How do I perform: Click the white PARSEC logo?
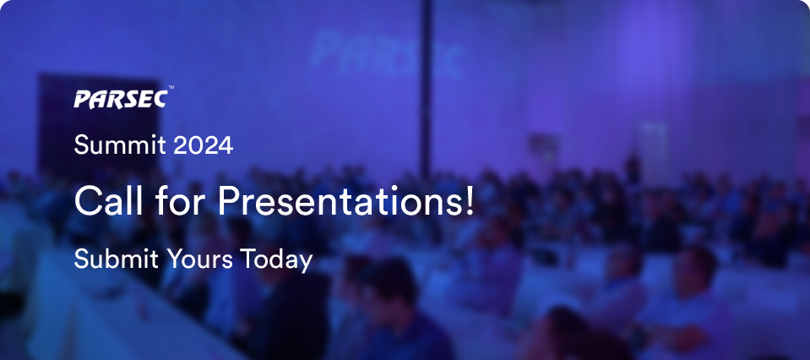click(121, 99)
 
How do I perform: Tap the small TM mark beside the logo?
click(171, 88)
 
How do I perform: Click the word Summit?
click(121, 145)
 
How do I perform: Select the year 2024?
click(203, 145)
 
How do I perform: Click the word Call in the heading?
click(108, 201)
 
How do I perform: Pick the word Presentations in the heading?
click(339, 201)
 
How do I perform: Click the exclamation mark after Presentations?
click(469, 201)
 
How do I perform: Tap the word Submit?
click(117, 259)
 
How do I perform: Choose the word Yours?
click(199, 259)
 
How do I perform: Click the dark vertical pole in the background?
click(426, 89)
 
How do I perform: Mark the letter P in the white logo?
click(83, 99)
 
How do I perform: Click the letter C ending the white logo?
click(159, 99)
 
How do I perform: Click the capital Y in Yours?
click(175, 259)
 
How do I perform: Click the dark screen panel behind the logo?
click(99, 124)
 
